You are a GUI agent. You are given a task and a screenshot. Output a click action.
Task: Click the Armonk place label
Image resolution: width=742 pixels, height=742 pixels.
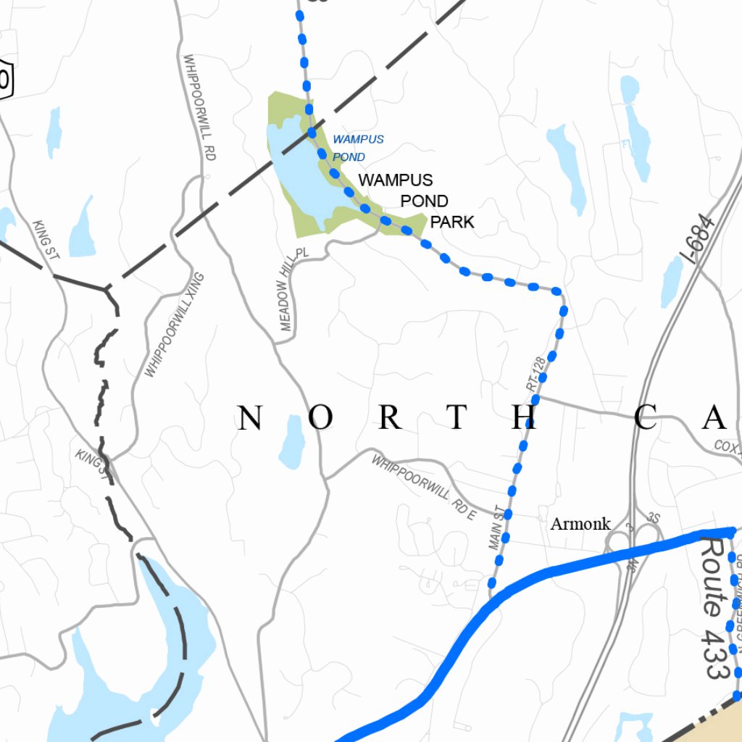tap(580, 524)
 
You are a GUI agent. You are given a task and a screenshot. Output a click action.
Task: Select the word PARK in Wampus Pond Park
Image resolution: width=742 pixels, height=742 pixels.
tap(452, 222)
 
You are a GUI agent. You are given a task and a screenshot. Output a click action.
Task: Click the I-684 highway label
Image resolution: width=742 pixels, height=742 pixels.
tap(701, 239)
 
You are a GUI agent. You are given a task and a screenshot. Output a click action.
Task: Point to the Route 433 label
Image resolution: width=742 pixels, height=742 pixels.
tap(714, 607)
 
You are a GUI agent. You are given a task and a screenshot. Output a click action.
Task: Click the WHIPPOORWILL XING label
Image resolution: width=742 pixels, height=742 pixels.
tap(175, 325)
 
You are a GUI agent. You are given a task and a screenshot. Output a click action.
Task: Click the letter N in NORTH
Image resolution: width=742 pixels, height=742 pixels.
tap(249, 418)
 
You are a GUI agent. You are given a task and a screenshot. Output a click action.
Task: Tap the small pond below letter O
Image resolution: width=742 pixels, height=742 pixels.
tap(293, 443)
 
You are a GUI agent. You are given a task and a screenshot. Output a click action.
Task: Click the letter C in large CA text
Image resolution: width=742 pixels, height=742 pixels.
tap(647, 418)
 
